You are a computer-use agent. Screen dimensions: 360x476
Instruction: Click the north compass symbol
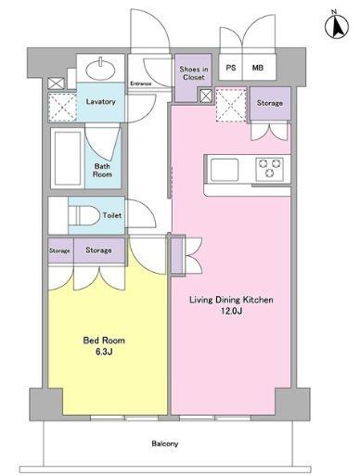(x=337, y=25)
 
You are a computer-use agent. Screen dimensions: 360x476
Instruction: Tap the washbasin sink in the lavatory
(x=100, y=69)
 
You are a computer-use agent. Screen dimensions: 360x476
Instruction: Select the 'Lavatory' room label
(x=101, y=101)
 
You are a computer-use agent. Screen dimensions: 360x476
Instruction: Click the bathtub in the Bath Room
(x=68, y=158)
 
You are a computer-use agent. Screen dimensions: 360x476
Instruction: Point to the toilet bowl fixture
(x=84, y=215)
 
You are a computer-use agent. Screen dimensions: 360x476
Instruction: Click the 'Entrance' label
(x=141, y=84)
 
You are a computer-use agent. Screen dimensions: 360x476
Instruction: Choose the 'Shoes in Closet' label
(x=194, y=73)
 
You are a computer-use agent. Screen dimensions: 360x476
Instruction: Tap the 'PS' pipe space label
(x=231, y=68)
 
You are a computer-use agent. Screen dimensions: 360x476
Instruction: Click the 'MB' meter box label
(x=258, y=68)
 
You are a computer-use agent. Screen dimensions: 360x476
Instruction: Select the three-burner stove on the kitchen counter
(x=270, y=169)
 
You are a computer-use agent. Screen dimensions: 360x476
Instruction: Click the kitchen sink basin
(x=225, y=170)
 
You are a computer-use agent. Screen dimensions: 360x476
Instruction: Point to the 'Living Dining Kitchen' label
(x=231, y=300)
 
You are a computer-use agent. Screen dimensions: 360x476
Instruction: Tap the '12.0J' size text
(x=231, y=311)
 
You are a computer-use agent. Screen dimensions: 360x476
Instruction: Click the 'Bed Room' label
(x=104, y=341)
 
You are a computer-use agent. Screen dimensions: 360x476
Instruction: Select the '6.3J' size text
(x=104, y=352)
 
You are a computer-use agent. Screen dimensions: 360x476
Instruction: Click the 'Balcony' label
(x=165, y=444)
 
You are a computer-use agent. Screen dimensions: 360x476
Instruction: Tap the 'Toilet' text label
(x=112, y=215)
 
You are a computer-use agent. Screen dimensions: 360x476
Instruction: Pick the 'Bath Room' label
(x=102, y=170)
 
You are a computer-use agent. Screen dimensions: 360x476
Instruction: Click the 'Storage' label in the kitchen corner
(x=270, y=103)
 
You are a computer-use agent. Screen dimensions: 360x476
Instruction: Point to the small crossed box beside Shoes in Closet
(x=206, y=96)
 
